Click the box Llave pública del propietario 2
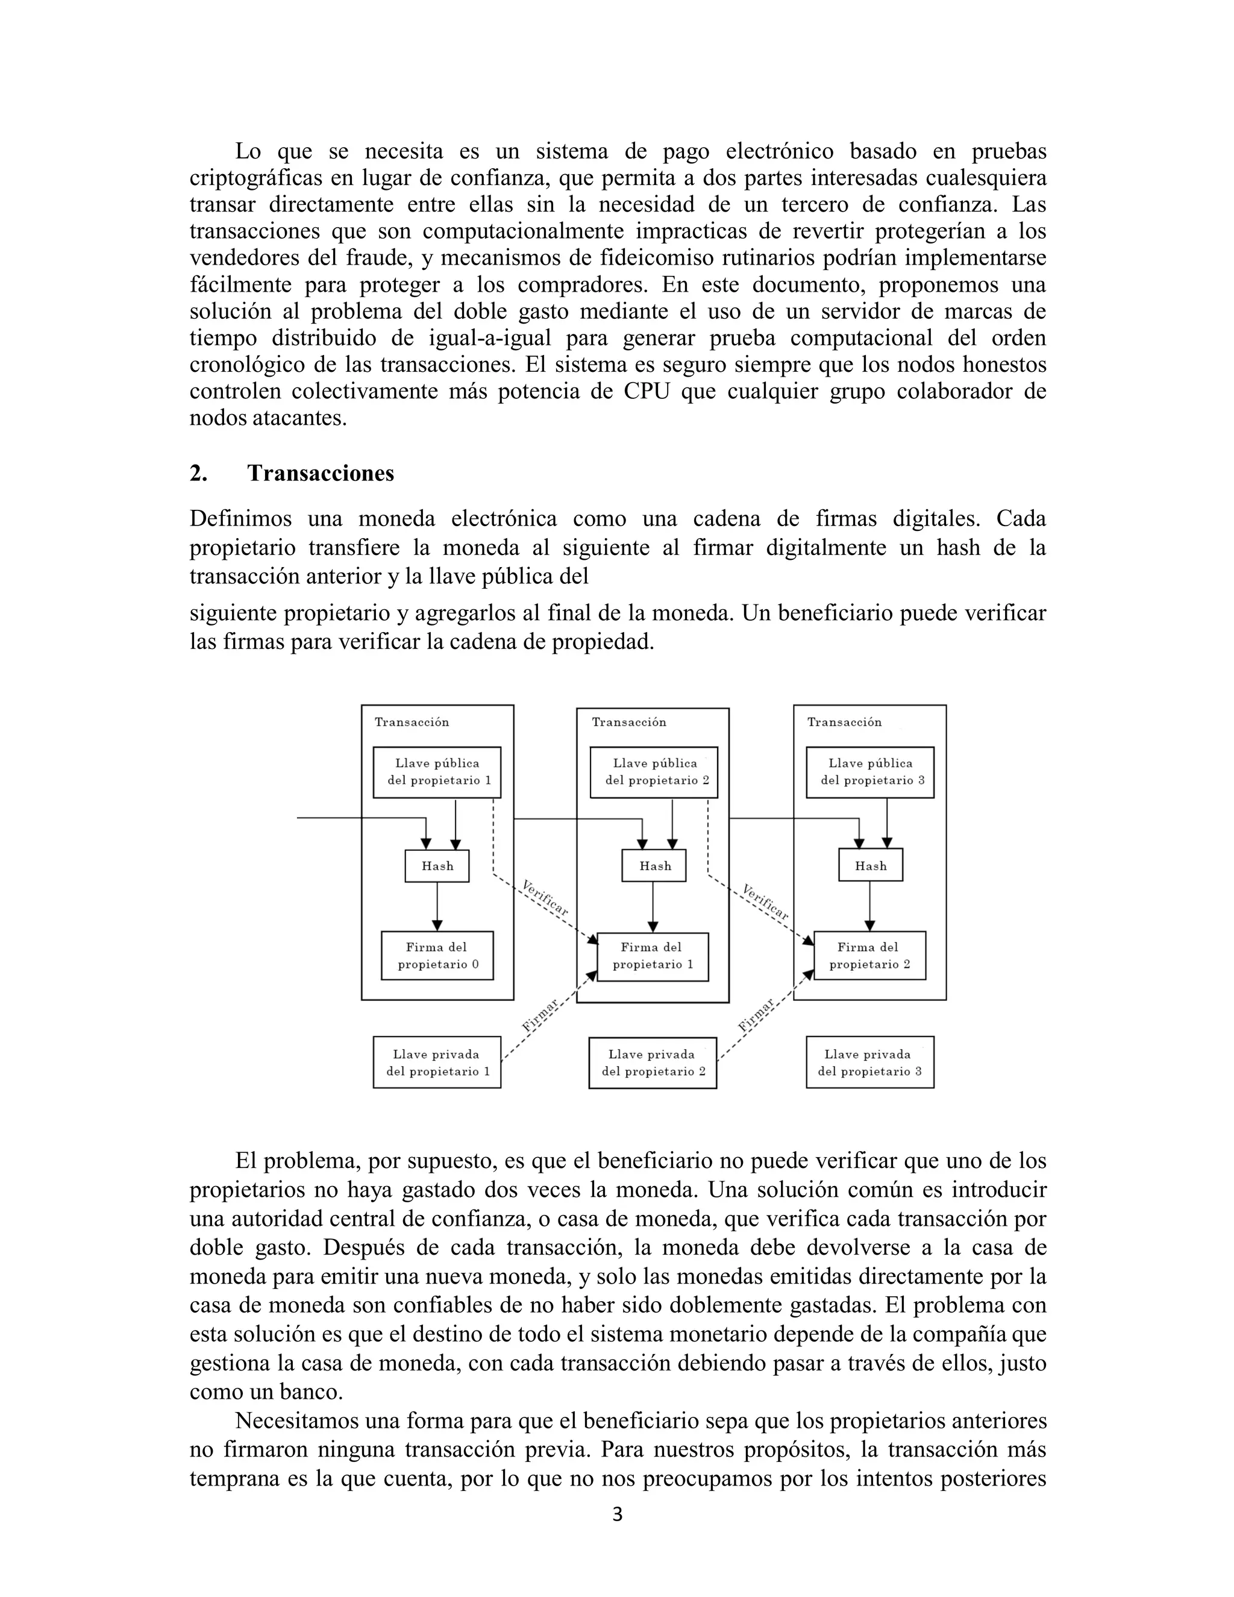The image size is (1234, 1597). click(x=654, y=772)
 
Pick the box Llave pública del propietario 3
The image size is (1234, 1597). click(x=870, y=772)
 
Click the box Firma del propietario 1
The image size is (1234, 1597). click(x=653, y=956)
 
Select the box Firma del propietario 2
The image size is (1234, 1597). click(x=870, y=956)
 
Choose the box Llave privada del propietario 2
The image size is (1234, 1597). click(x=653, y=1063)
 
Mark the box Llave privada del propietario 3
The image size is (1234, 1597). click(x=870, y=1063)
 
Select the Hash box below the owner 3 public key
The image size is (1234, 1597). click(x=871, y=866)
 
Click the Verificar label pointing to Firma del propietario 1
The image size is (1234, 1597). click(x=545, y=899)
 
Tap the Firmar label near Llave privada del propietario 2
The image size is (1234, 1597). click(x=756, y=1017)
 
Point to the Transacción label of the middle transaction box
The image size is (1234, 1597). click(x=628, y=723)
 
